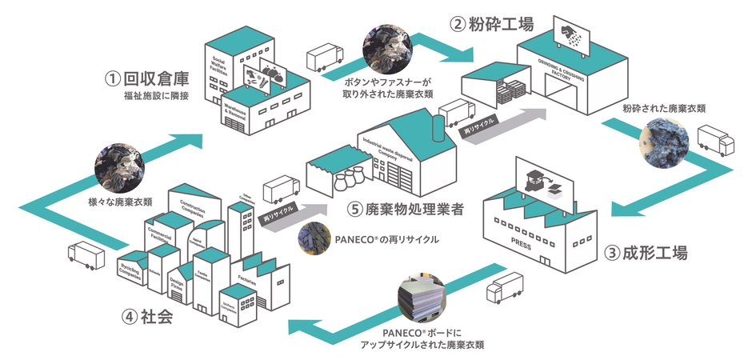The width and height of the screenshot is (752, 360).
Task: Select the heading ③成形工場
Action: pos(646,254)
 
